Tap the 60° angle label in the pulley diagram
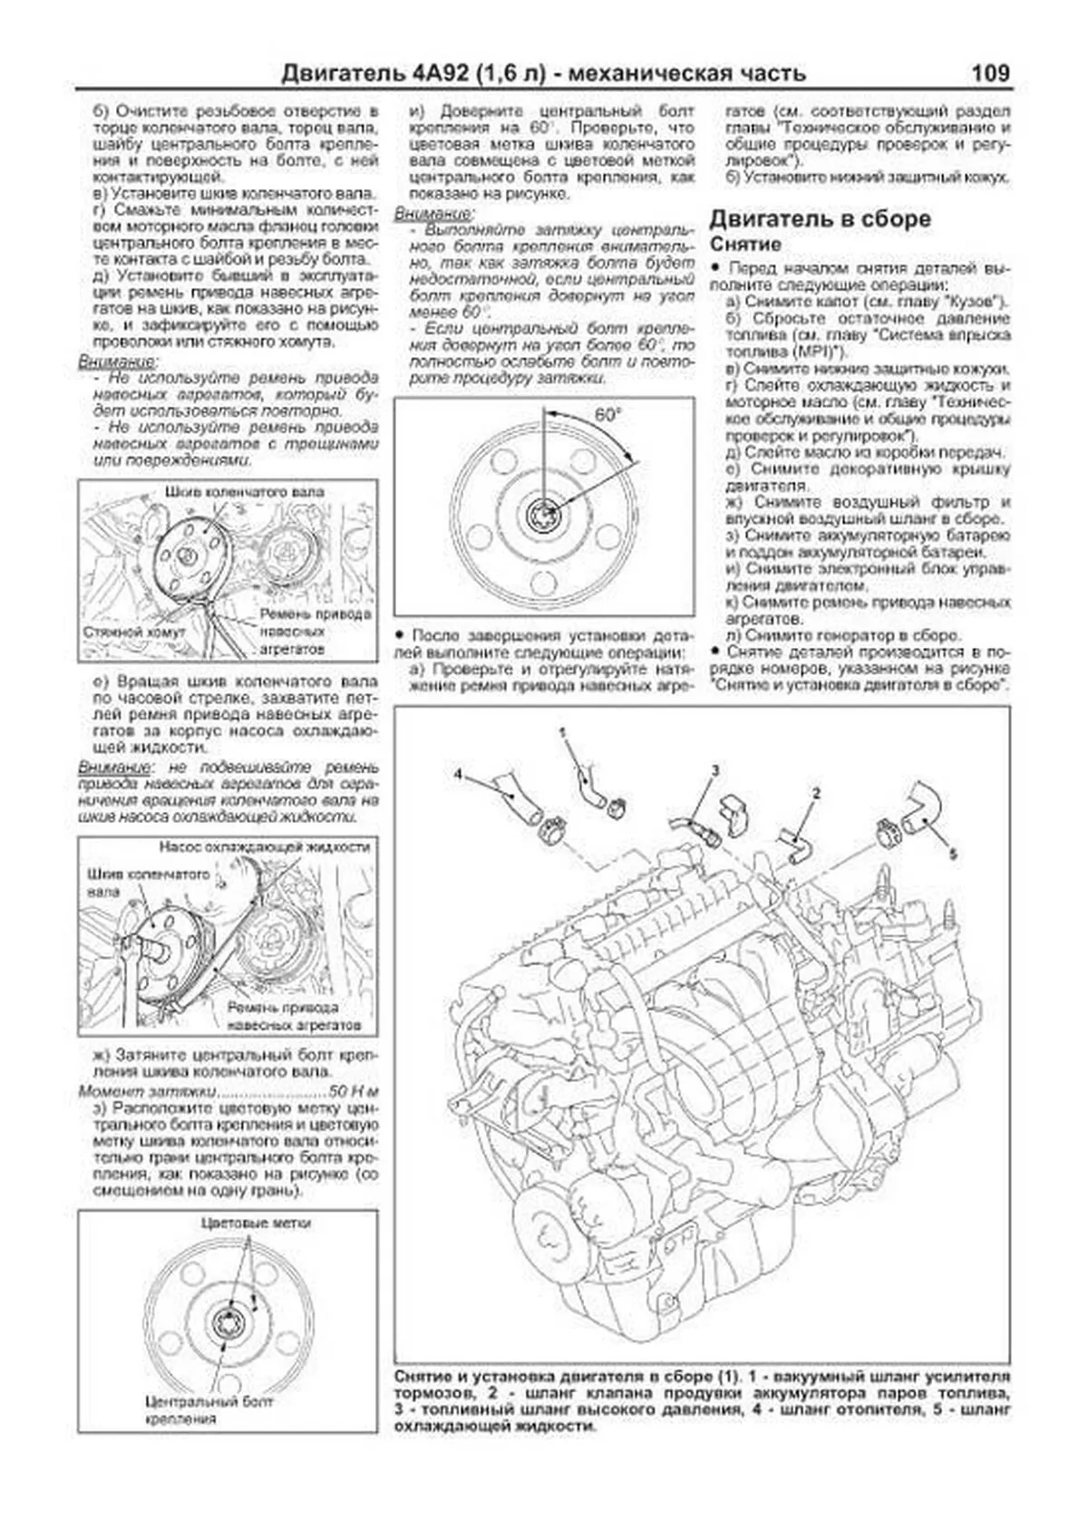607,415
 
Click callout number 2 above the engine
816,793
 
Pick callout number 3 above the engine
714,770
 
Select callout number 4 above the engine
459,774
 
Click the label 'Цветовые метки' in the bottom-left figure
256,1223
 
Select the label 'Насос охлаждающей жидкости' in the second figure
264,846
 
